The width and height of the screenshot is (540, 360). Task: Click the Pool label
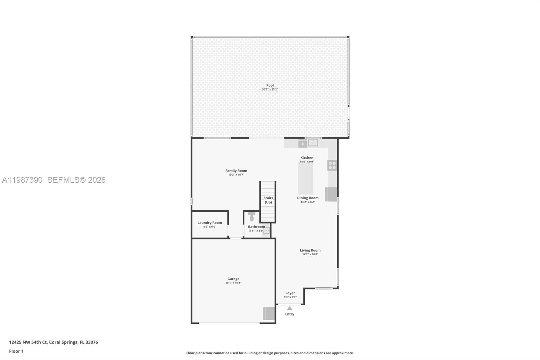coord(270,85)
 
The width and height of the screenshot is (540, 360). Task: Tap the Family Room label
coord(236,171)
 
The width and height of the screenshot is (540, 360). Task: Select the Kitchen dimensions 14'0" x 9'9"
coord(307,162)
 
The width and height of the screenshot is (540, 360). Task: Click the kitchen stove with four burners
coord(332,165)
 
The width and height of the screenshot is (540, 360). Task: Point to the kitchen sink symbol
coord(313,143)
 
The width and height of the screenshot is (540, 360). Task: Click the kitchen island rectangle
coord(305,178)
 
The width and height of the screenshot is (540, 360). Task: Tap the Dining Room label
coord(307,198)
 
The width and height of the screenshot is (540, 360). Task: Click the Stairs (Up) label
coord(268,200)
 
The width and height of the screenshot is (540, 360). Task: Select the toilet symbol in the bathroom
coord(252,216)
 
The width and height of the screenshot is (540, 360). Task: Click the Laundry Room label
coord(210,223)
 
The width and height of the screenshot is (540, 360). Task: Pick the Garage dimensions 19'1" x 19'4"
coord(233,283)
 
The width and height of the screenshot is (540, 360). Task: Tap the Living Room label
coord(310,250)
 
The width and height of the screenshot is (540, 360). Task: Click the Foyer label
coord(290,293)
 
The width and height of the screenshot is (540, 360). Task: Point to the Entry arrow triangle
coord(290,308)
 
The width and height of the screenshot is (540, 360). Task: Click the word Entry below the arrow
coord(290,314)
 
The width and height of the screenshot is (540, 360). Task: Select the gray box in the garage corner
coord(269,313)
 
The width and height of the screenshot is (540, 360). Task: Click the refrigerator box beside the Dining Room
coord(331,194)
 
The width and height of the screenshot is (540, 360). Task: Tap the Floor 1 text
coord(16,351)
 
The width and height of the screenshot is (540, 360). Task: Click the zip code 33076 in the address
coord(92,342)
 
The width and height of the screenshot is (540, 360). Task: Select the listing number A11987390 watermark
coord(22,180)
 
